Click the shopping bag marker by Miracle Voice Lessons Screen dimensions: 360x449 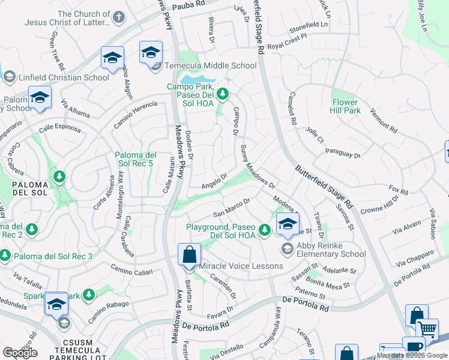(x=189, y=254)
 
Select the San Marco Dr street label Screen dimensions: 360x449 (x=232, y=208)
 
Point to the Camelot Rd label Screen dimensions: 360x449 (x=292, y=111)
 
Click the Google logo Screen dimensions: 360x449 (x=20, y=353)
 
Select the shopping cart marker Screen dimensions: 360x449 (x=427, y=329)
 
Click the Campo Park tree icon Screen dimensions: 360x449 (x=223, y=94)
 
